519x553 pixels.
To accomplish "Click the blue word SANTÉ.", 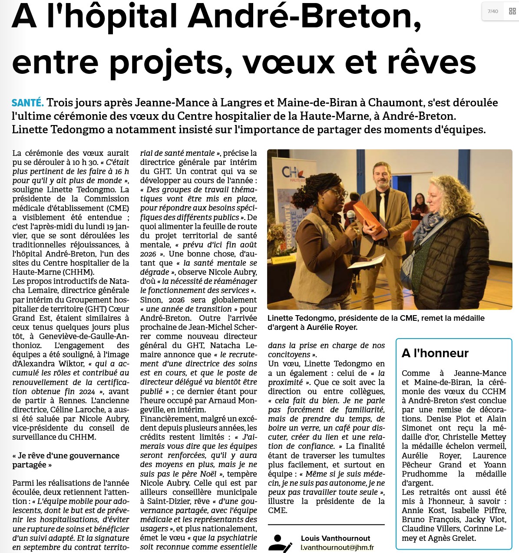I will tap(28, 103).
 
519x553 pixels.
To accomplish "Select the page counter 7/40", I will tap(493, 11).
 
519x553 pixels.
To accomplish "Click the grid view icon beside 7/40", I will tap(512, 11).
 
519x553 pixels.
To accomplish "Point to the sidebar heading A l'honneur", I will tap(435, 353).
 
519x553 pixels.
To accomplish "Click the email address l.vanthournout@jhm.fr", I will tap(337, 548).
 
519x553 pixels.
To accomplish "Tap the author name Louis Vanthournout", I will tap(335, 538).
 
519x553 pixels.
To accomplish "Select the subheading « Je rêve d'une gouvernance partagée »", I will tap(66, 460).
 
